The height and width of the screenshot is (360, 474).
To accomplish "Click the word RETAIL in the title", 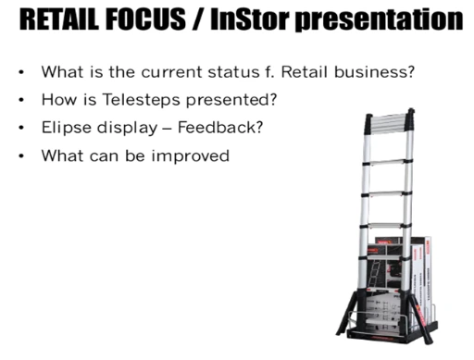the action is pyautogui.click(x=59, y=19).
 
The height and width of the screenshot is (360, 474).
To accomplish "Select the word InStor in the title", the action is pyautogui.click(x=250, y=19).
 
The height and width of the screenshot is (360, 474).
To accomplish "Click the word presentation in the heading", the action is pyautogui.click(x=379, y=20).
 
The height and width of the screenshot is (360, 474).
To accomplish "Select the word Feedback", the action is pyautogui.click(x=220, y=127).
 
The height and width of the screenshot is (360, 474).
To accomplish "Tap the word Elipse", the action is pyautogui.click(x=67, y=128).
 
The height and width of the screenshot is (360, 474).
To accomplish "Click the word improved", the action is pyautogui.click(x=191, y=155).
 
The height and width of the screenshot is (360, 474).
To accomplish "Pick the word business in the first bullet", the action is pyautogui.click(x=374, y=72).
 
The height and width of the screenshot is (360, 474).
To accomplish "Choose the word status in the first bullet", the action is pyautogui.click(x=233, y=72).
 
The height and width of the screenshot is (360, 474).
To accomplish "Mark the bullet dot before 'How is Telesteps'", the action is pyautogui.click(x=21, y=100).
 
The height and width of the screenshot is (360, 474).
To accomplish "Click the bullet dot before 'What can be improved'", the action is pyautogui.click(x=21, y=155).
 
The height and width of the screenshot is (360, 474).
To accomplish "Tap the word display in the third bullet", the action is pyautogui.click(x=127, y=128).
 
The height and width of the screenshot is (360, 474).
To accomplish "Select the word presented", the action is pyautogui.click(x=231, y=100).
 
